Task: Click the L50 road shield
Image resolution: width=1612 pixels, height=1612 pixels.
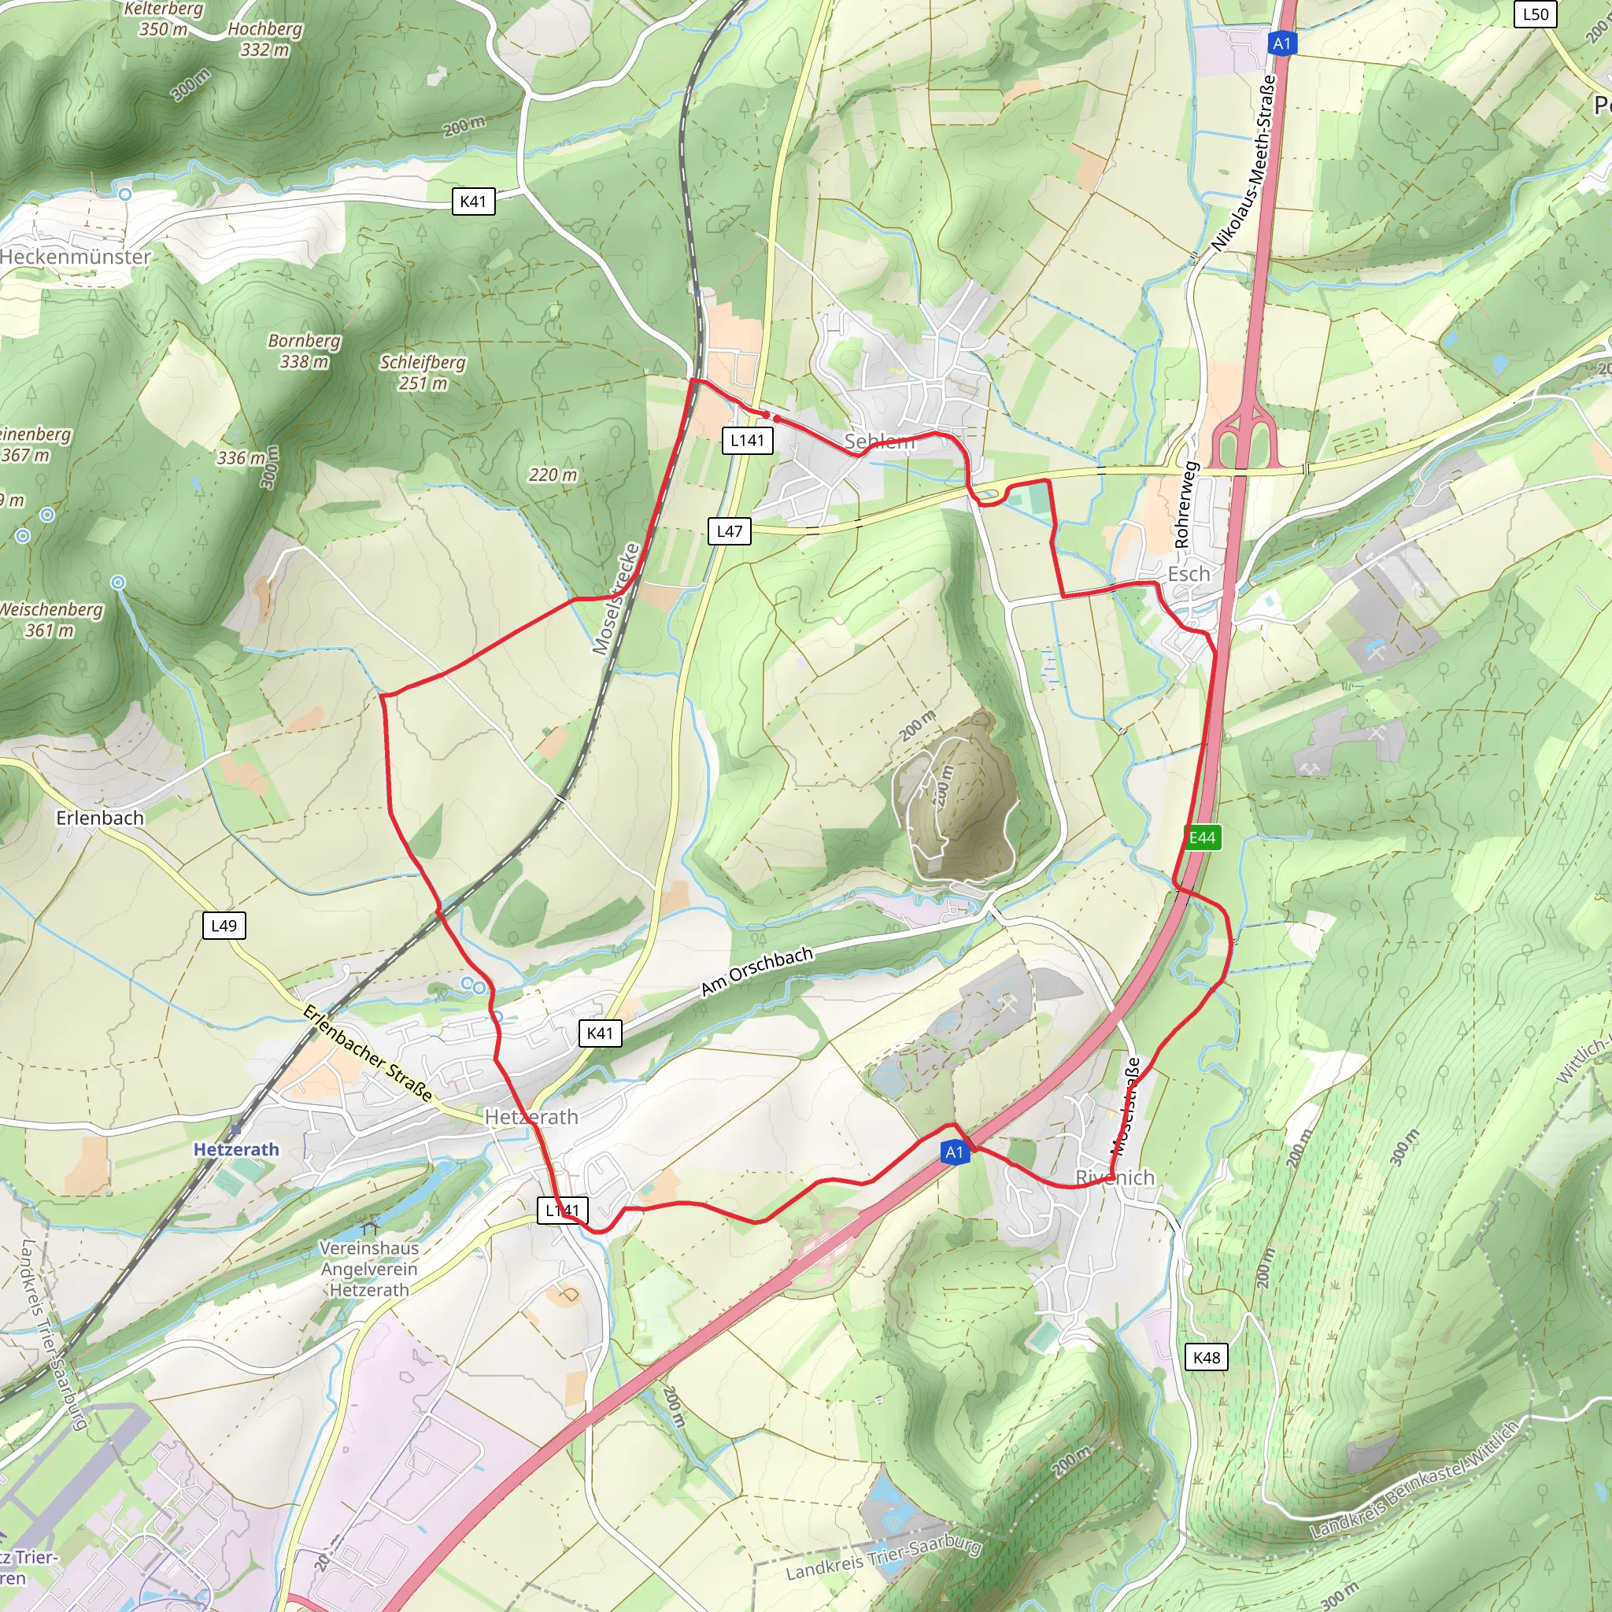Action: (x=1535, y=14)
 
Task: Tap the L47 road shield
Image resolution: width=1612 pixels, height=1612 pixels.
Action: (x=729, y=531)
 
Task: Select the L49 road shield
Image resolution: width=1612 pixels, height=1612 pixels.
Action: (x=224, y=926)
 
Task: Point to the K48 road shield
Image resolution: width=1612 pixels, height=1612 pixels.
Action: (x=1207, y=1358)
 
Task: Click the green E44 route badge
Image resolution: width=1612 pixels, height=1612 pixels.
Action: (x=1203, y=837)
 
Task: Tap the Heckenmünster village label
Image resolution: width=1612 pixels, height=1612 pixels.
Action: (x=75, y=257)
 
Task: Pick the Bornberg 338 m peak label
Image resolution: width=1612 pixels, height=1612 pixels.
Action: (x=304, y=351)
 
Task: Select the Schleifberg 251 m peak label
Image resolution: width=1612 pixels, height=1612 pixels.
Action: (x=422, y=373)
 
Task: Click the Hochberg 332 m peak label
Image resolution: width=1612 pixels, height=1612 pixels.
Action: (x=264, y=39)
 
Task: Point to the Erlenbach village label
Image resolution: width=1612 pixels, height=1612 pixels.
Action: (x=100, y=818)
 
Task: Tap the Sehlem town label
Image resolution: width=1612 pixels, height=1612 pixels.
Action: (x=879, y=442)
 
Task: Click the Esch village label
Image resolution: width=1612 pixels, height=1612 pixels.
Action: (x=1188, y=574)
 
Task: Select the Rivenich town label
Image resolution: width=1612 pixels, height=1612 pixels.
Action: (x=1115, y=1178)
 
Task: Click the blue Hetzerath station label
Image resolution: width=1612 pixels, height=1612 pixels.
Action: (x=236, y=1150)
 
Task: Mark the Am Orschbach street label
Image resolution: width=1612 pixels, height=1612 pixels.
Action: (x=756, y=971)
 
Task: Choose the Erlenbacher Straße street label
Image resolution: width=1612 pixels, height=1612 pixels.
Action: (x=367, y=1053)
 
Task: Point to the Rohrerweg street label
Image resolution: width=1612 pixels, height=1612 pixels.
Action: (x=1185, y=505)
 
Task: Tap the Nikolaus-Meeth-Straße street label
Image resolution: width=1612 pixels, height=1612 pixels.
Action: (x=1244, y=164)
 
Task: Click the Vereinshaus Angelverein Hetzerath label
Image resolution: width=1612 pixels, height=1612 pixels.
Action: (x=369, y=1269)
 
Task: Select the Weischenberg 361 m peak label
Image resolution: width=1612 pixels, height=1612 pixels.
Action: (x=50, y=620)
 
